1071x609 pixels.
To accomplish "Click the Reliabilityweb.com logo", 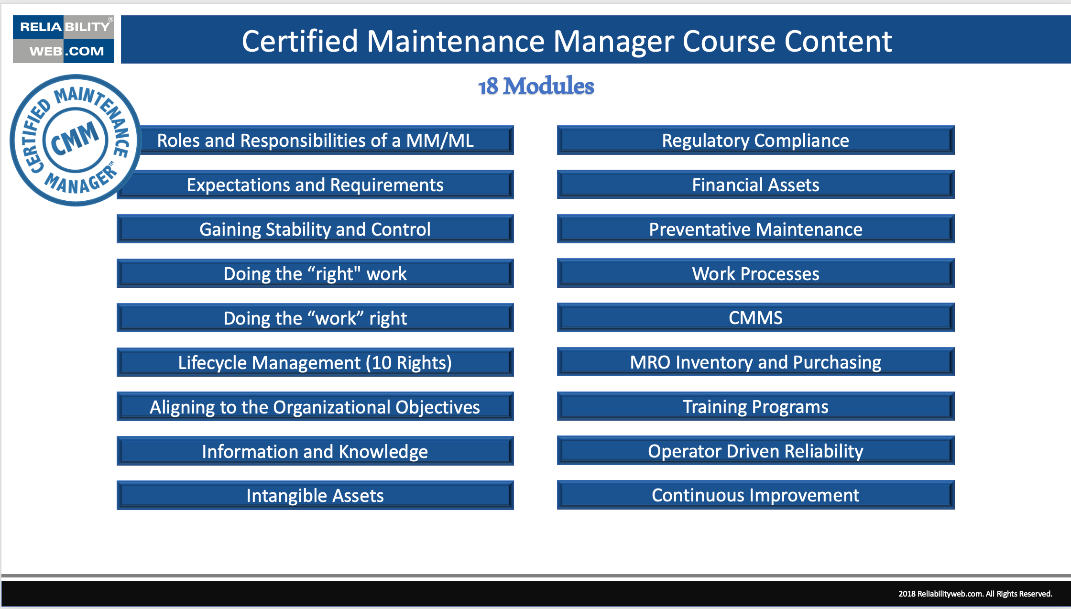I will coord(64,39).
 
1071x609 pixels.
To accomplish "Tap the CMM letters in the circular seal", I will coord(75,139).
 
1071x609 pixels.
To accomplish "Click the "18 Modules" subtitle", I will coord(536,86).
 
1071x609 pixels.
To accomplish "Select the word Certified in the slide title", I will coord(300,41).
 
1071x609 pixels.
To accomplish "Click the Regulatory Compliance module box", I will coord(755,141).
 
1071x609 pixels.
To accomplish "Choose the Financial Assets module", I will coord(755,185).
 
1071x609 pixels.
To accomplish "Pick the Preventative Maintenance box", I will coord(755,229).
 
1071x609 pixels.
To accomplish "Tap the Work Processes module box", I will coord(755,274).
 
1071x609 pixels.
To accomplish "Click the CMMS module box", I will coord(755,318).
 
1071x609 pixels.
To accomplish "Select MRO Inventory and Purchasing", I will coord(755,362).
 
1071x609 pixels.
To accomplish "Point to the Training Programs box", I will coord(755,407).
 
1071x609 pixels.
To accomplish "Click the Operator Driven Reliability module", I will coord(755,451).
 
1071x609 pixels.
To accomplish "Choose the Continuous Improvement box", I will coord(755,495).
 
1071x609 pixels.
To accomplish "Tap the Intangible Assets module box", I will coord(315,496).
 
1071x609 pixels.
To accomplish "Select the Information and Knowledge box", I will coord(315,452).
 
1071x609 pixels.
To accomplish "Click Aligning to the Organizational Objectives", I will coord(315,407).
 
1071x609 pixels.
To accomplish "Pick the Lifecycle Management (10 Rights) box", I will coord(315,363).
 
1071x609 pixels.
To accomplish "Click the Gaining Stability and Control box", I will coord(315,229).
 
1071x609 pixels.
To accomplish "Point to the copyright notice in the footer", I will coord(975,594).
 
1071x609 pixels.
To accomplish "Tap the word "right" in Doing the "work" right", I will coord(388,319).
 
